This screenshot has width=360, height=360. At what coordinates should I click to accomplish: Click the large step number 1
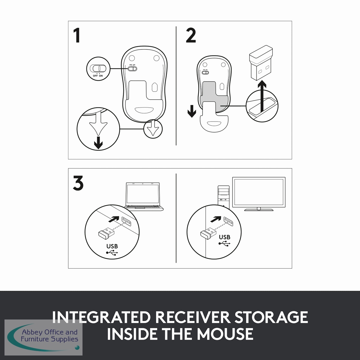click(77, 35)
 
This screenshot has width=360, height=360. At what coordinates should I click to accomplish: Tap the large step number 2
click(191, 35)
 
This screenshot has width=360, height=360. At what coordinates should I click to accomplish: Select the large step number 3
click(78, 183)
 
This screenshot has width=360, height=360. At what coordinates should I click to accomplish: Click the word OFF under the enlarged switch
click(95, 76)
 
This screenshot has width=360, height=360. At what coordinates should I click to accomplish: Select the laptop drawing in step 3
click(144, 197)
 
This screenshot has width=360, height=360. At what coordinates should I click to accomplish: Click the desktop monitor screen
click(259, 192)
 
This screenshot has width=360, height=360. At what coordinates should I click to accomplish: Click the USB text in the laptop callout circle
click(112, 246)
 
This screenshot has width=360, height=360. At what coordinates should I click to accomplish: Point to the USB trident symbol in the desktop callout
click(224, 244)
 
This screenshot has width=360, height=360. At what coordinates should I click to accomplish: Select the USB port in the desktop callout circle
click(228, 222)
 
